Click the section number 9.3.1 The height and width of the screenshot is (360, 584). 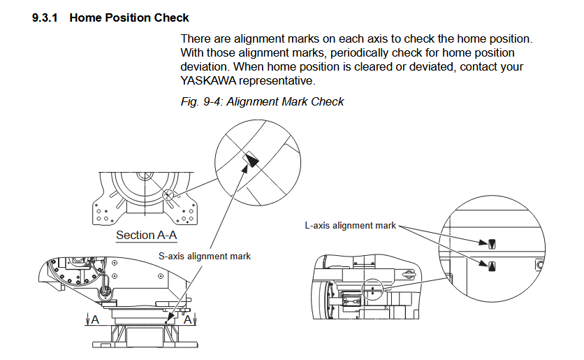pyautogui.click(x=45, y=17)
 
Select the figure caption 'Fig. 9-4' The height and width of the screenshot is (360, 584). pyautogui.click(x=200, y=101)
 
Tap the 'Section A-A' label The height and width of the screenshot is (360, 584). pyautogui.click(x=146, y=235)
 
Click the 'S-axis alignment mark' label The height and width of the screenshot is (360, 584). pyautogui.click(x=204, y=257)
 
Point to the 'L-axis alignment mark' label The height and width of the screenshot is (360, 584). pyautogui.click(x=351, y=226)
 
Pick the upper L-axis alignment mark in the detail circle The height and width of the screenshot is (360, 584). pyautogui.click(x=492, y=243)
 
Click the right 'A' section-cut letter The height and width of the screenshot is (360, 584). pyautogui.click(x=187, y=318)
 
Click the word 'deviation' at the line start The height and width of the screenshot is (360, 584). pyautogui.click(x=204, y=67)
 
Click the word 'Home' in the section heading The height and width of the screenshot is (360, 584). pyautogui.click(x=85, y=17)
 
